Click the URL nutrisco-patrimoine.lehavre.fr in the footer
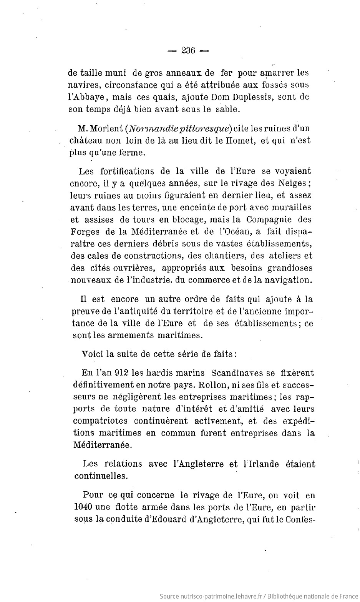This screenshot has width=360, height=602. click(219, 596)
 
